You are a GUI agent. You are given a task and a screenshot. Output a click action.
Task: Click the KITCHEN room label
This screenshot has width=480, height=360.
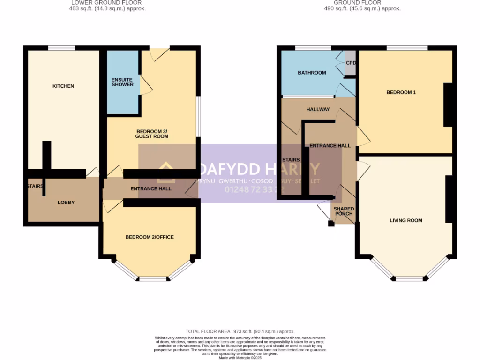pos(63,86)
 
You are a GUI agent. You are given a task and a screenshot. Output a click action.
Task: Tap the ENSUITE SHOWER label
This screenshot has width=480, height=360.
pos(122,82)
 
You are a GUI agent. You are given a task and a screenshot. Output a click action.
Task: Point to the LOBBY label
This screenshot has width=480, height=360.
pos(66,202)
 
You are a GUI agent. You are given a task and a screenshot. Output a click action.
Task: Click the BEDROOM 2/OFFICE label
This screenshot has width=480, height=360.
pos(150,237)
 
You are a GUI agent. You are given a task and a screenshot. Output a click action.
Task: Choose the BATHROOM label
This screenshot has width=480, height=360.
pos(312,73)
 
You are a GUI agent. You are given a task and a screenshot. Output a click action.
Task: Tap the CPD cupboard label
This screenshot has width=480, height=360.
pos(351,63)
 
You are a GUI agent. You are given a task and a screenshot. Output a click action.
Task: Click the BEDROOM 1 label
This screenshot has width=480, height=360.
pos(401,93)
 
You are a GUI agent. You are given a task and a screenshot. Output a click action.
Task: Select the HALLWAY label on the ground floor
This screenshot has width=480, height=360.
pos(318,109)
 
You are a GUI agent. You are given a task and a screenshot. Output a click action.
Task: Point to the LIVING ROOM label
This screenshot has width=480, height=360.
pos(406,220)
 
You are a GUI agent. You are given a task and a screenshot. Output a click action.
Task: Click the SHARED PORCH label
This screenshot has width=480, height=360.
pos(344,211)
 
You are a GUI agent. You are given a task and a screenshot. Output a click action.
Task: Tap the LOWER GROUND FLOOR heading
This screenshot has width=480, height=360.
pos(106,3)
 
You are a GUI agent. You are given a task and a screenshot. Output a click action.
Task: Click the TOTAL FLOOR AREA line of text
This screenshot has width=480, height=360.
pos(240,331)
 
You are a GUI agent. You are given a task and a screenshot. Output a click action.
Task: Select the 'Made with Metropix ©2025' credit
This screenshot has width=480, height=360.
pos(240,358)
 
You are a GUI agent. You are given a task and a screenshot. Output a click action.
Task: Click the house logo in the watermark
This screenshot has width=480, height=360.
pos(166,172)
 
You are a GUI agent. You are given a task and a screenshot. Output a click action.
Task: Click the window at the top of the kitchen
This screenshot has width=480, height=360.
pos(61,47)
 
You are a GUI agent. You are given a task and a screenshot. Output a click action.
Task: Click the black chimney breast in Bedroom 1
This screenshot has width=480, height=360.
pos(448,105)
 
